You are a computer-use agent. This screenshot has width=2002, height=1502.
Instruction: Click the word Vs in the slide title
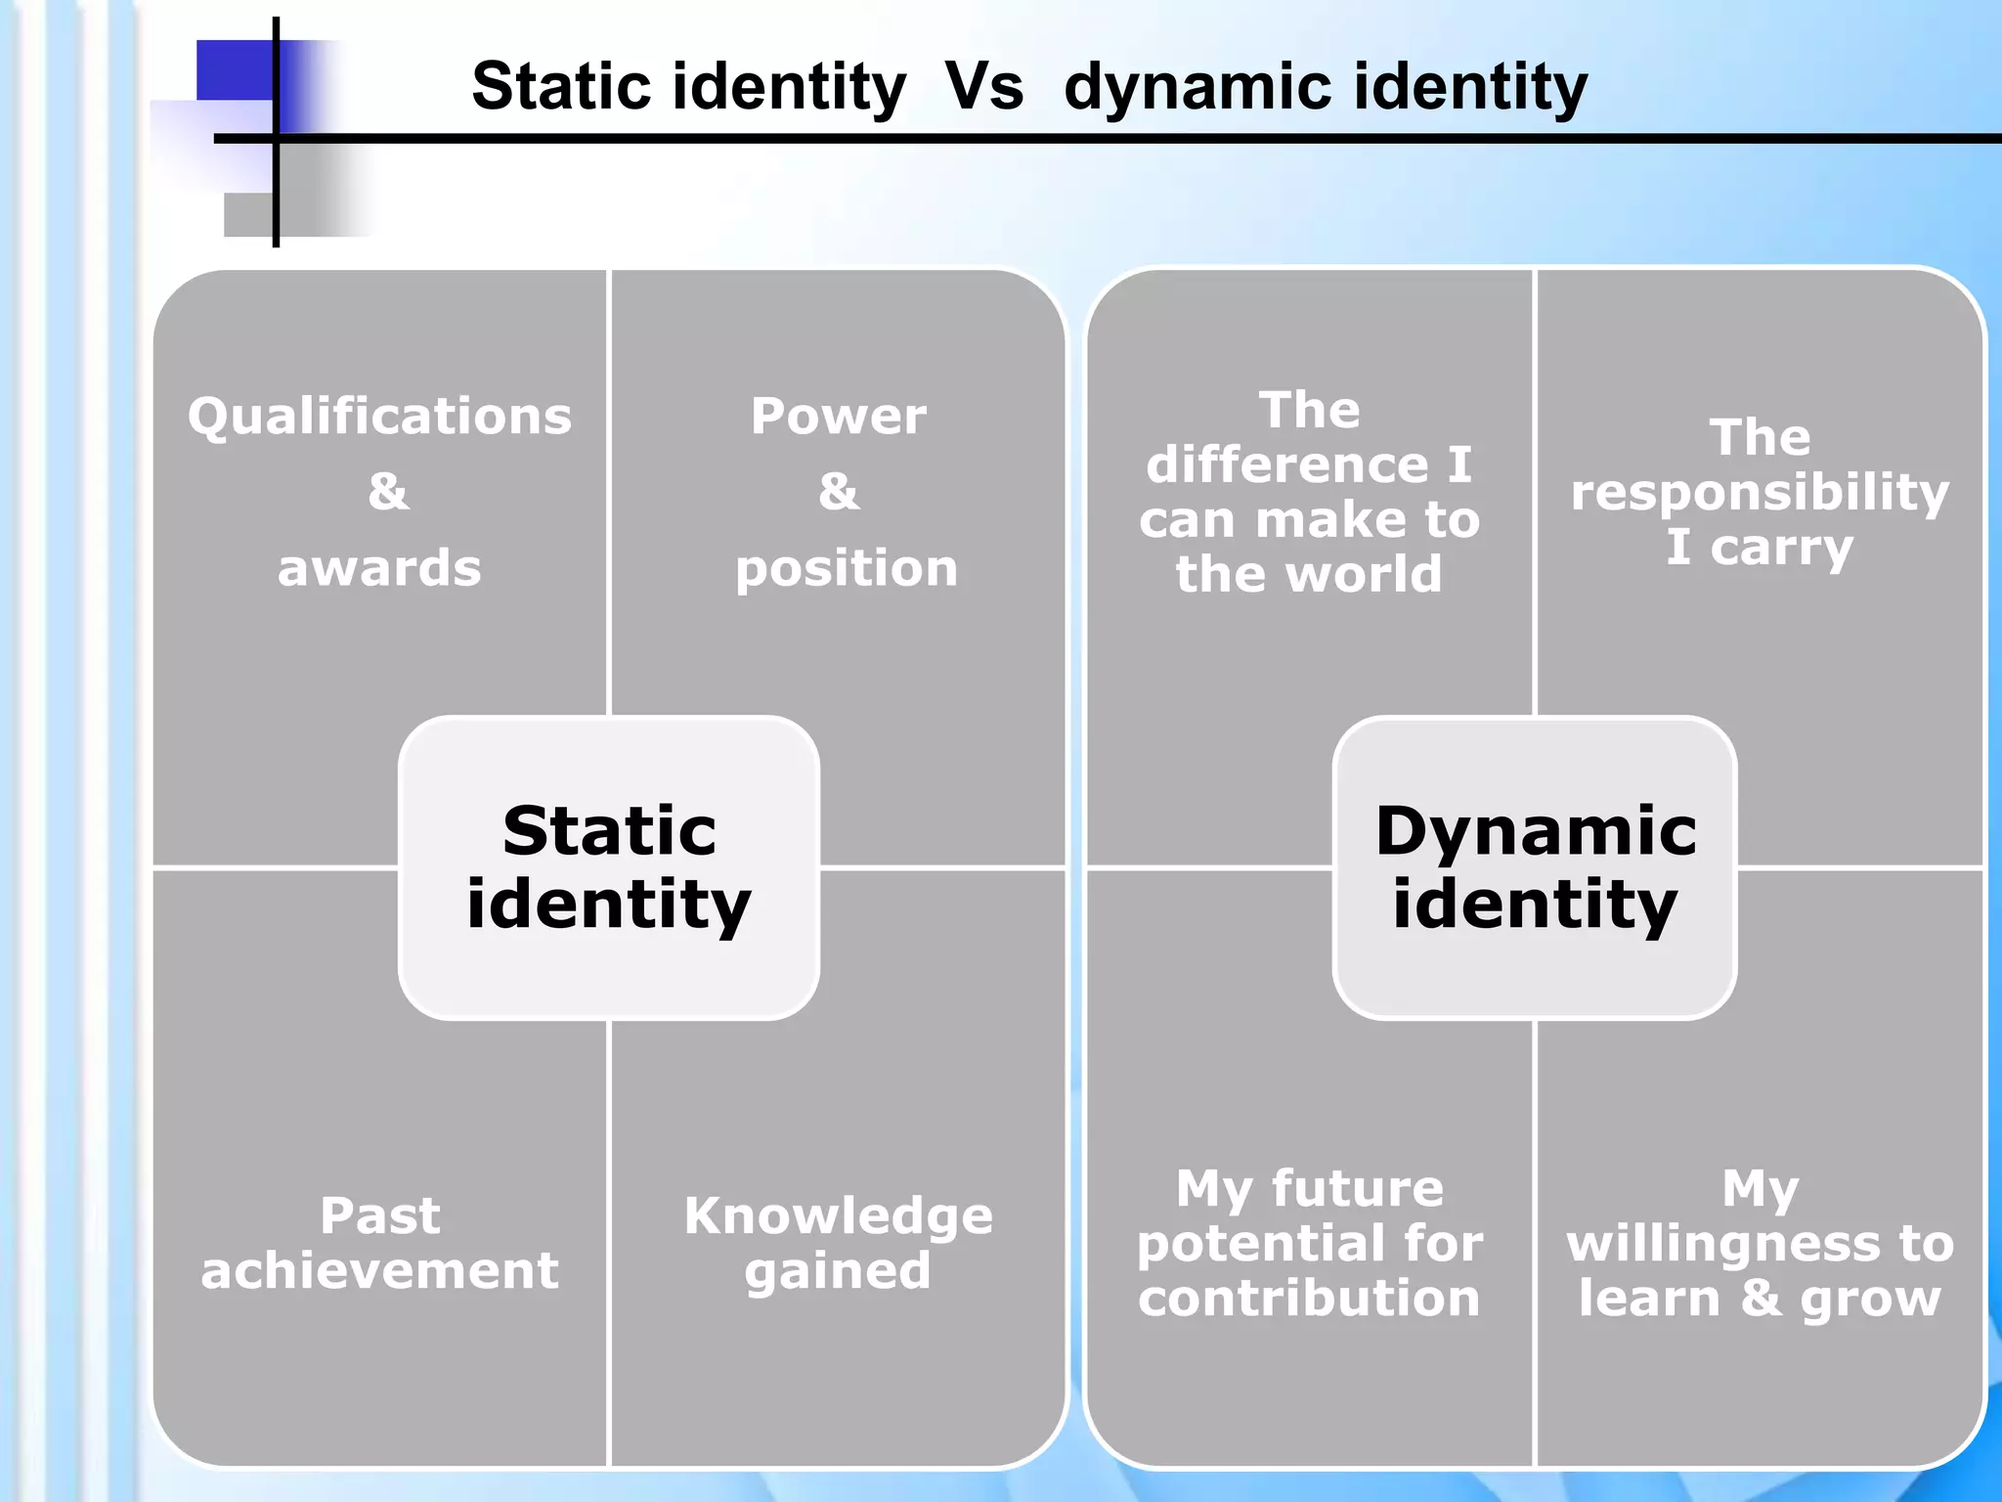click(x=983, y=86)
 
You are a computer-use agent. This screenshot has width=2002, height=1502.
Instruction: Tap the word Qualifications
click(x=379, y=416)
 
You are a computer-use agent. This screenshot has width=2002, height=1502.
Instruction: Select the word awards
click(x=379, y=568)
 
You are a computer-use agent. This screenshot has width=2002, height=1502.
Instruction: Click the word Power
click(x=839, y=416)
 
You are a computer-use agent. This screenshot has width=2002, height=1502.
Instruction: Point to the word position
click(x=847, y=568)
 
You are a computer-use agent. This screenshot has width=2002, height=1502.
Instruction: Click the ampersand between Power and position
click(x=839, y=491)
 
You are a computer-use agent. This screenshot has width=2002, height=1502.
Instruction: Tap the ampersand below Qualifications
click(x=388, y=491)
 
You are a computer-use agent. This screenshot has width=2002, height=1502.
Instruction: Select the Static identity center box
click(x=608, y=867)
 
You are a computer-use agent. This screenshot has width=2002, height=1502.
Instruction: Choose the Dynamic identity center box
click(x=1535, y=867)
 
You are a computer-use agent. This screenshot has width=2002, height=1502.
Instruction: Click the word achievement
click(x=379, y=1270)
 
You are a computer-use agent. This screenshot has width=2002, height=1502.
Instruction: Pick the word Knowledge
click(x=839, y=1215)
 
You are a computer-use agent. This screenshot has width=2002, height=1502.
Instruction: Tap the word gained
click(x=838, y=1271)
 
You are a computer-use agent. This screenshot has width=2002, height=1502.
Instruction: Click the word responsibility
click(x=1760, y=492)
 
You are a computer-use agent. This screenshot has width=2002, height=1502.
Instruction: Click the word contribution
click(x=1309, y=1299)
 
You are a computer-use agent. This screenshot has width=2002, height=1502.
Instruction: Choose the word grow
click(x=1870, y=1300)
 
